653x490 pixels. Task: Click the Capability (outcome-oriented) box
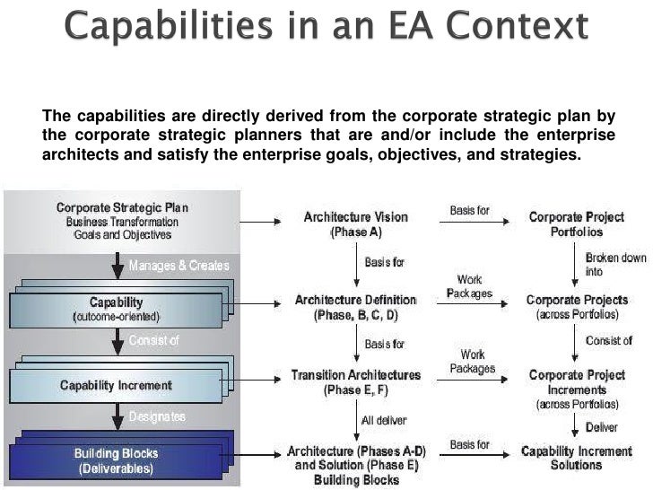117,310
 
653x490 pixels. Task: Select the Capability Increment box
117,385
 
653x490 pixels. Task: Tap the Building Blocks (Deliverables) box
117,461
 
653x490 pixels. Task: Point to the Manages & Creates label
178,266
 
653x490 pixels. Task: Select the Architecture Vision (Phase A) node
355,223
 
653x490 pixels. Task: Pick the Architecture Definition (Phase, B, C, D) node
355,307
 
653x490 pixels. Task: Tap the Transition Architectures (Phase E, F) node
355,382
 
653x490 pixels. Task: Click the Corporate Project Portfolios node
577,223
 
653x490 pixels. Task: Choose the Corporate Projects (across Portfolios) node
577,307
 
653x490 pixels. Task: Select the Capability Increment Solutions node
577,458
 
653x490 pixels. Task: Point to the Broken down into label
615,264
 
